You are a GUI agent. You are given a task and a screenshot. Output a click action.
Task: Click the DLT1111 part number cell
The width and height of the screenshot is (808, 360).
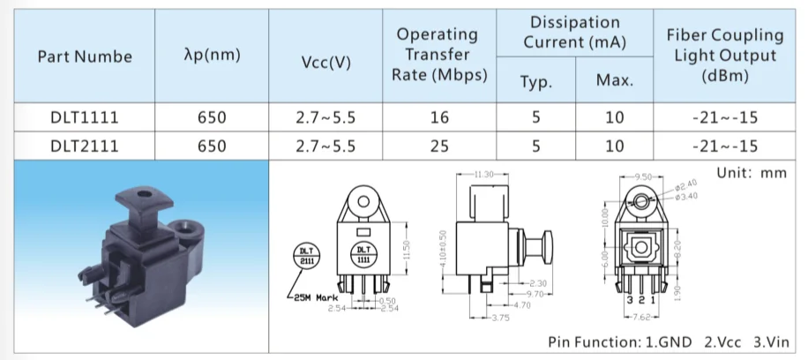[x=84, y=118]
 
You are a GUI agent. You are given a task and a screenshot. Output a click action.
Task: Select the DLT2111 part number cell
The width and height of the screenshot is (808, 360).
[x=84, y=146]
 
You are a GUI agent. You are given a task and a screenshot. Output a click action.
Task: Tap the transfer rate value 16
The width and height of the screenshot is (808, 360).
[x=439, y=118]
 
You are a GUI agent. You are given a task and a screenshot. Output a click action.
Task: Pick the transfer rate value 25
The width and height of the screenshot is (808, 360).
[x=439, y=146]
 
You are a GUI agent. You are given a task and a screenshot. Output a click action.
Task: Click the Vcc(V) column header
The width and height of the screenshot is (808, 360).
[x=326, y=63]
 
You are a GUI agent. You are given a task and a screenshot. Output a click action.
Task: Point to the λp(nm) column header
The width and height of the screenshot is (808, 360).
[x=213, y=56]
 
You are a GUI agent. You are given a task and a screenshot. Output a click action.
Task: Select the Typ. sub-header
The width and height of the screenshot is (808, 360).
[x=535, y=82]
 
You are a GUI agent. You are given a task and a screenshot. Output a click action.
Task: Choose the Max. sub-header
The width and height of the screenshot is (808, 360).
[x=614, y=82]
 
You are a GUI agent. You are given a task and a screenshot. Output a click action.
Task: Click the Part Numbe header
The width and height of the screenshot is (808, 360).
[x=85, y=56]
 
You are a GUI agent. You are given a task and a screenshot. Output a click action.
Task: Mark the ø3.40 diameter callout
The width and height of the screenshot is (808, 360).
[x=687, y=196]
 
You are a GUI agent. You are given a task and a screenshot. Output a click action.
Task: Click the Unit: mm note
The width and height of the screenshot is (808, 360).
[x=751, y=173]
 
